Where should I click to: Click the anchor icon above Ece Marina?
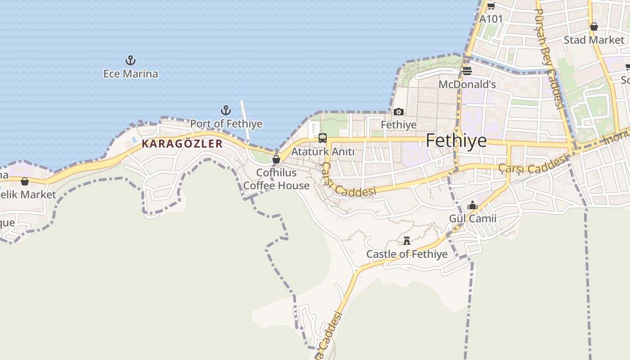click(130, 60)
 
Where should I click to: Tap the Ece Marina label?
click(130, 74)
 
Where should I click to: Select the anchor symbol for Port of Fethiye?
click(226, 110)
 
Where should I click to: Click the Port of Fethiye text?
click(226, 124)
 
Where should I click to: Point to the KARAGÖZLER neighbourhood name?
click(182, 144)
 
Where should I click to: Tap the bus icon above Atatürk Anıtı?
click(322, 138)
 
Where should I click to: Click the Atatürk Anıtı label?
click(323, 152)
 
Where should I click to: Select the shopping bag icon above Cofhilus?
click(276, 159)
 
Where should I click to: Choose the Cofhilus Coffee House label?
click(276, 179)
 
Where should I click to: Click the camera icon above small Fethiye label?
click(399, 112)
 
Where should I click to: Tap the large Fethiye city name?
click(456, 141)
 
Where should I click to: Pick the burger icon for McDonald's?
click(467, 71)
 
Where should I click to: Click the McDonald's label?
click(467, 85)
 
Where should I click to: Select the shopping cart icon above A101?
click(491, 6)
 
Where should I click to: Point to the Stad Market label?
click(594, 40)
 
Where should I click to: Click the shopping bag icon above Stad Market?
click(594, 27)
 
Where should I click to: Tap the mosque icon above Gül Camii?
click(472, 206)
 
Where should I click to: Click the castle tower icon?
click(407, 241)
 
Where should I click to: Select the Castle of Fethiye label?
click(407, 254)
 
